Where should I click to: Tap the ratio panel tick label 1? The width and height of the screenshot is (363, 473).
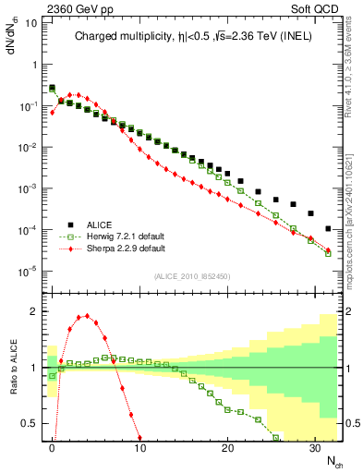pos(33,368)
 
